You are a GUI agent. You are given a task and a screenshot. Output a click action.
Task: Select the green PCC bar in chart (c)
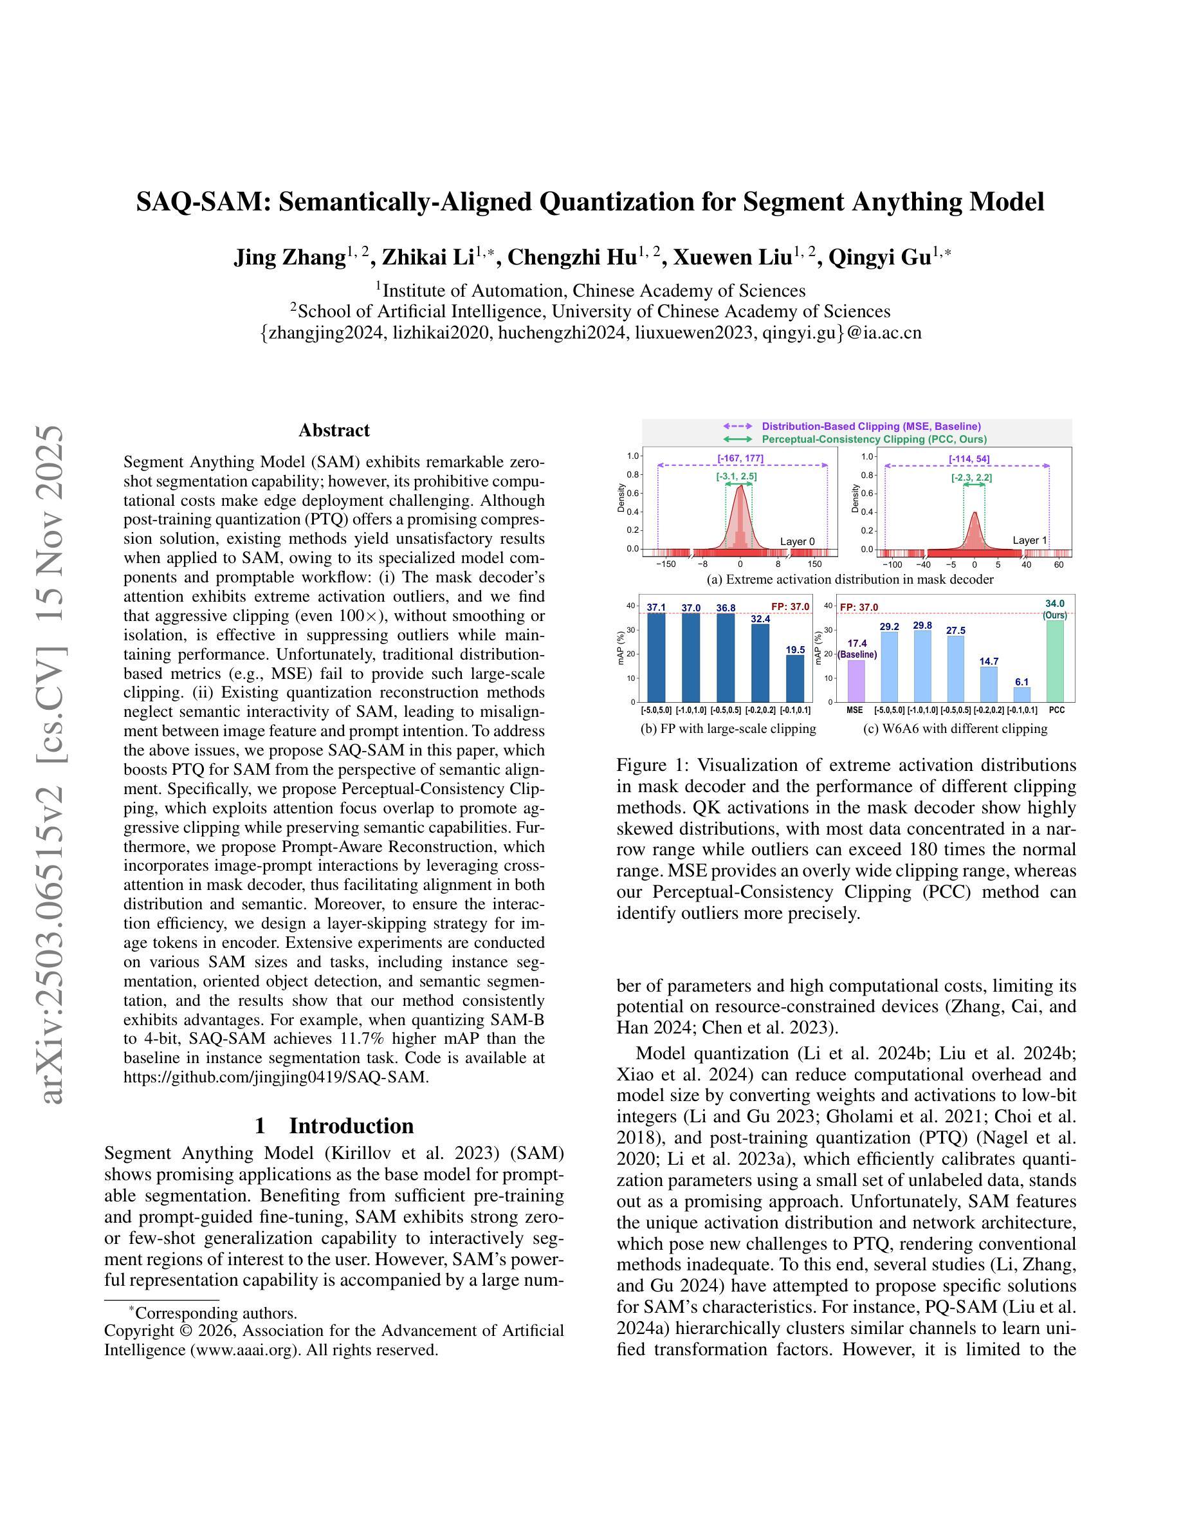click(1056, 661)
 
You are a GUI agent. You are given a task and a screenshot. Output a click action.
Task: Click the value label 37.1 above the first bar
click(656, 607)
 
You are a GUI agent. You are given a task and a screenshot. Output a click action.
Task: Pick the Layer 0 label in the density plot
click(798, 541)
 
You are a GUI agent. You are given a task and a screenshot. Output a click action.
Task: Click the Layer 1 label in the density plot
click(1030, 541)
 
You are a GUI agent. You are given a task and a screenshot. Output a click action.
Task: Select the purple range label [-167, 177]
click(740, 459)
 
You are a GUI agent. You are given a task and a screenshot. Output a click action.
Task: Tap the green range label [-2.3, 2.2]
click(971, 477)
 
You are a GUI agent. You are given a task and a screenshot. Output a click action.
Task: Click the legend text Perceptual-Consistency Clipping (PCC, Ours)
click(874, 439)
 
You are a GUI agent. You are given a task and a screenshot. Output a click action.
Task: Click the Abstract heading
click(334, 430)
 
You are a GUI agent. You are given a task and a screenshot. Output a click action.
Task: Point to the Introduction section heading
click(351, 1126)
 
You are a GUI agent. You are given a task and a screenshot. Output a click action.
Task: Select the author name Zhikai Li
click(428, 257)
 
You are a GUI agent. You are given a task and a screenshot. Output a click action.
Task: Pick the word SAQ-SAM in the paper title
click(202, 201)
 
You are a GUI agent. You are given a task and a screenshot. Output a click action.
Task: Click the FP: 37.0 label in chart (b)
click(790, 606)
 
